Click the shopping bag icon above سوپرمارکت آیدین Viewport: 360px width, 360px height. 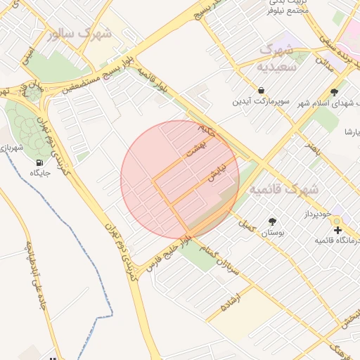pyautogui.click(x=262, y=91)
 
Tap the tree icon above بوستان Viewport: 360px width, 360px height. pyautogui.click(x=272, y=221)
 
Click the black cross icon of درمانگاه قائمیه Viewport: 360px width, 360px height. pyautogui.click(x=337, y=230)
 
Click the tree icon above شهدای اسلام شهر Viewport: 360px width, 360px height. pyautogui.click(x=334, y=92)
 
